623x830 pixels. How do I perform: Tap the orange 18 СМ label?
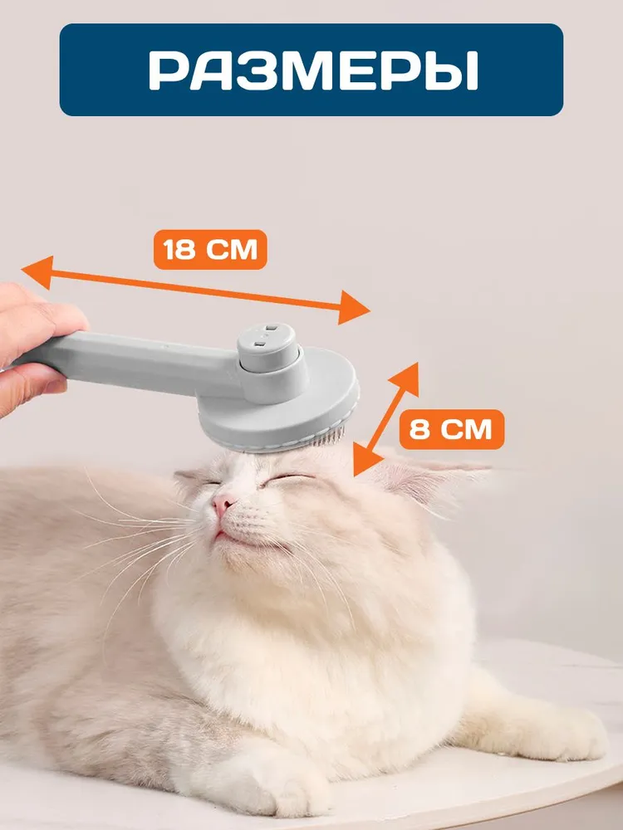point(210,249)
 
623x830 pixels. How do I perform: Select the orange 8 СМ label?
point(451,429)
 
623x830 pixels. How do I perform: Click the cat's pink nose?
point(223,505)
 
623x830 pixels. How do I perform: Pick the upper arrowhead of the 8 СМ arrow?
point(405,378)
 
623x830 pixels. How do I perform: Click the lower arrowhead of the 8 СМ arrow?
point(367,460)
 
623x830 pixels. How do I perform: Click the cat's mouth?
point(228,534)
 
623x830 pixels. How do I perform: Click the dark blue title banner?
point(311,70)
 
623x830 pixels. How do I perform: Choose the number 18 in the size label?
point(180,249)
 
